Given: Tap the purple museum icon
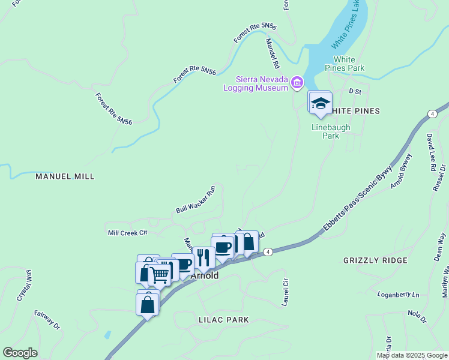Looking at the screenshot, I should [x=297, y=82].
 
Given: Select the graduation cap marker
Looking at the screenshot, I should [x=321, y=103].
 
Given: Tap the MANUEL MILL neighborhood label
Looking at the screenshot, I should [x=65, y=177].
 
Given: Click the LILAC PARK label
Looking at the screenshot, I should [x=223, y=320].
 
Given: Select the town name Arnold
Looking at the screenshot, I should [x=204, y=276].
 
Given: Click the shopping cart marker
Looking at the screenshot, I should [x=160, y=275].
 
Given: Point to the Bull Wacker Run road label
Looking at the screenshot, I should [x=195, y=200].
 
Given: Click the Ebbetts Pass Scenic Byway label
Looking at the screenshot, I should [x=358, y=199].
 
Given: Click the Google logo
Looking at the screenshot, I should [x=20, y=353].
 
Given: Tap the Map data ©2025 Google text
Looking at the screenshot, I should [x=411, y=355].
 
